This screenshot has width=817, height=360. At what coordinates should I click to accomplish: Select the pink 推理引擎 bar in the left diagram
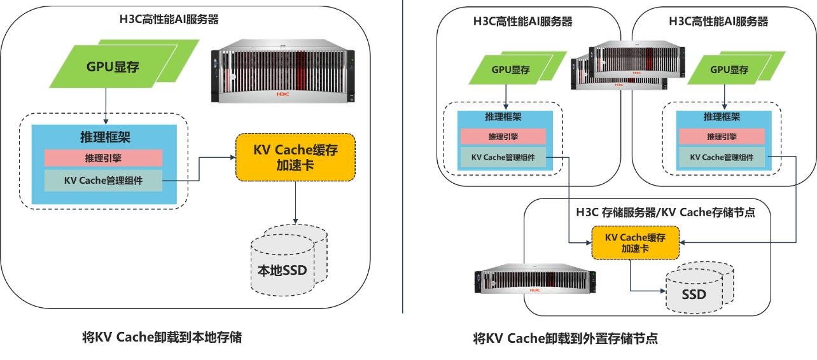(x=103, y=158)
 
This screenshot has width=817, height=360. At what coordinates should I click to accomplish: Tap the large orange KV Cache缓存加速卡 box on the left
(x=295, y=156)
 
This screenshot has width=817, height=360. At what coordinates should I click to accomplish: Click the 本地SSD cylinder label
(x=282, y=270)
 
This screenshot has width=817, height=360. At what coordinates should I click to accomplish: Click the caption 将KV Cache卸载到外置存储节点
(x=565, y=338)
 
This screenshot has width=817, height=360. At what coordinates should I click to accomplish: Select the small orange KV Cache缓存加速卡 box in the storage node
(x=635, y=242)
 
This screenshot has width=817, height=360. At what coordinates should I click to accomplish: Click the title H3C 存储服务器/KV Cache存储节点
(x=665, y=212)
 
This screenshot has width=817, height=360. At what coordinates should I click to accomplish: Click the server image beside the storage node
(x=533, y=280)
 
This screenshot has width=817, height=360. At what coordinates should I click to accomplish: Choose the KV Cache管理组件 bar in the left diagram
(x=103, y=181)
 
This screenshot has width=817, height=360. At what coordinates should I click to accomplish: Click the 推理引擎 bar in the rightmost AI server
(x=721, y=136)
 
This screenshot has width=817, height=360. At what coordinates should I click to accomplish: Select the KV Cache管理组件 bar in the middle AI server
(x=503, y=157)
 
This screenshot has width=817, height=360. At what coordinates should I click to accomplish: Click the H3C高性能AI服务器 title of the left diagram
(x=169, y=20)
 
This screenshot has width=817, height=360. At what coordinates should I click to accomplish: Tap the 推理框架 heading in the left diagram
(x=103, y=135)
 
